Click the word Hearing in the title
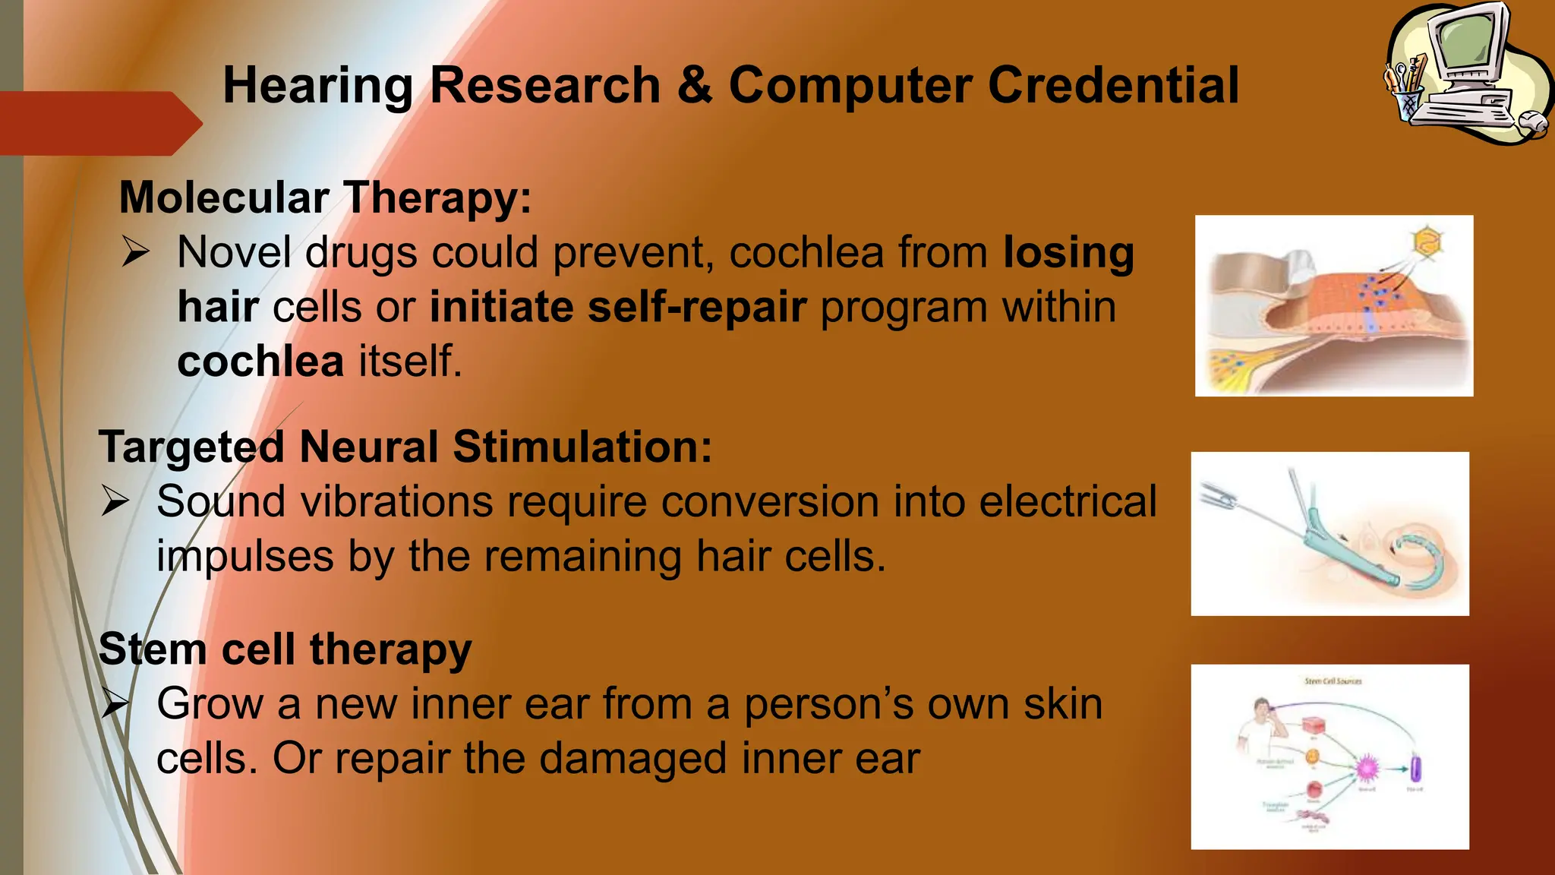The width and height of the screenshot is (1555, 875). click(317, 86)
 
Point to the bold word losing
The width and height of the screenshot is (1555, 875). click(1068, 252)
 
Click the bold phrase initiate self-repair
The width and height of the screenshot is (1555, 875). click(617, 307)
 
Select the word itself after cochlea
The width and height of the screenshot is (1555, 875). click(410, 361)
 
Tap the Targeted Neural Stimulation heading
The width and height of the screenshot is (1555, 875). click(405, 447)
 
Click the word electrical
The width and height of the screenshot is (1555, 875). click(1068, 501)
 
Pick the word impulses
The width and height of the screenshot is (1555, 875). click(244, 556)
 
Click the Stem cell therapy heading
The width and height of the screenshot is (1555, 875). click(285, 649)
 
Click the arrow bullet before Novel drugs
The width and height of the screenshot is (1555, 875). click(135, 251)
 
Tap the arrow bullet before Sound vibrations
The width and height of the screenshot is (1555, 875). click(115, 501)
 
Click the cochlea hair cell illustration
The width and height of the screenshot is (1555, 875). click(1333, 305)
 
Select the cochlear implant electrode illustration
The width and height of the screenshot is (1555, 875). click(1329, 533)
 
